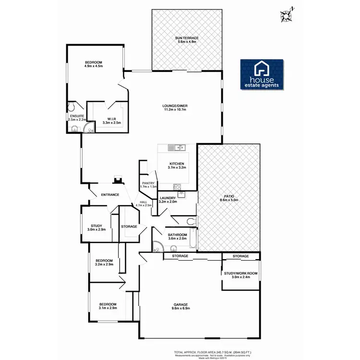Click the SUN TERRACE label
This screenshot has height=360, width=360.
click(x=187, y=37)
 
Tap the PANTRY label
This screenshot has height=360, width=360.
click(x=148, y=182)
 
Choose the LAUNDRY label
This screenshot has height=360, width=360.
click(x=168, y=198)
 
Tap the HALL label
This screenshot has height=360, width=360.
click(x=144, y=202)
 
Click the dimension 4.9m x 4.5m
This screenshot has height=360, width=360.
click(x=94, y=67)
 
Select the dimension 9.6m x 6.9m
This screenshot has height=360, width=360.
click(x=180, y=309)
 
